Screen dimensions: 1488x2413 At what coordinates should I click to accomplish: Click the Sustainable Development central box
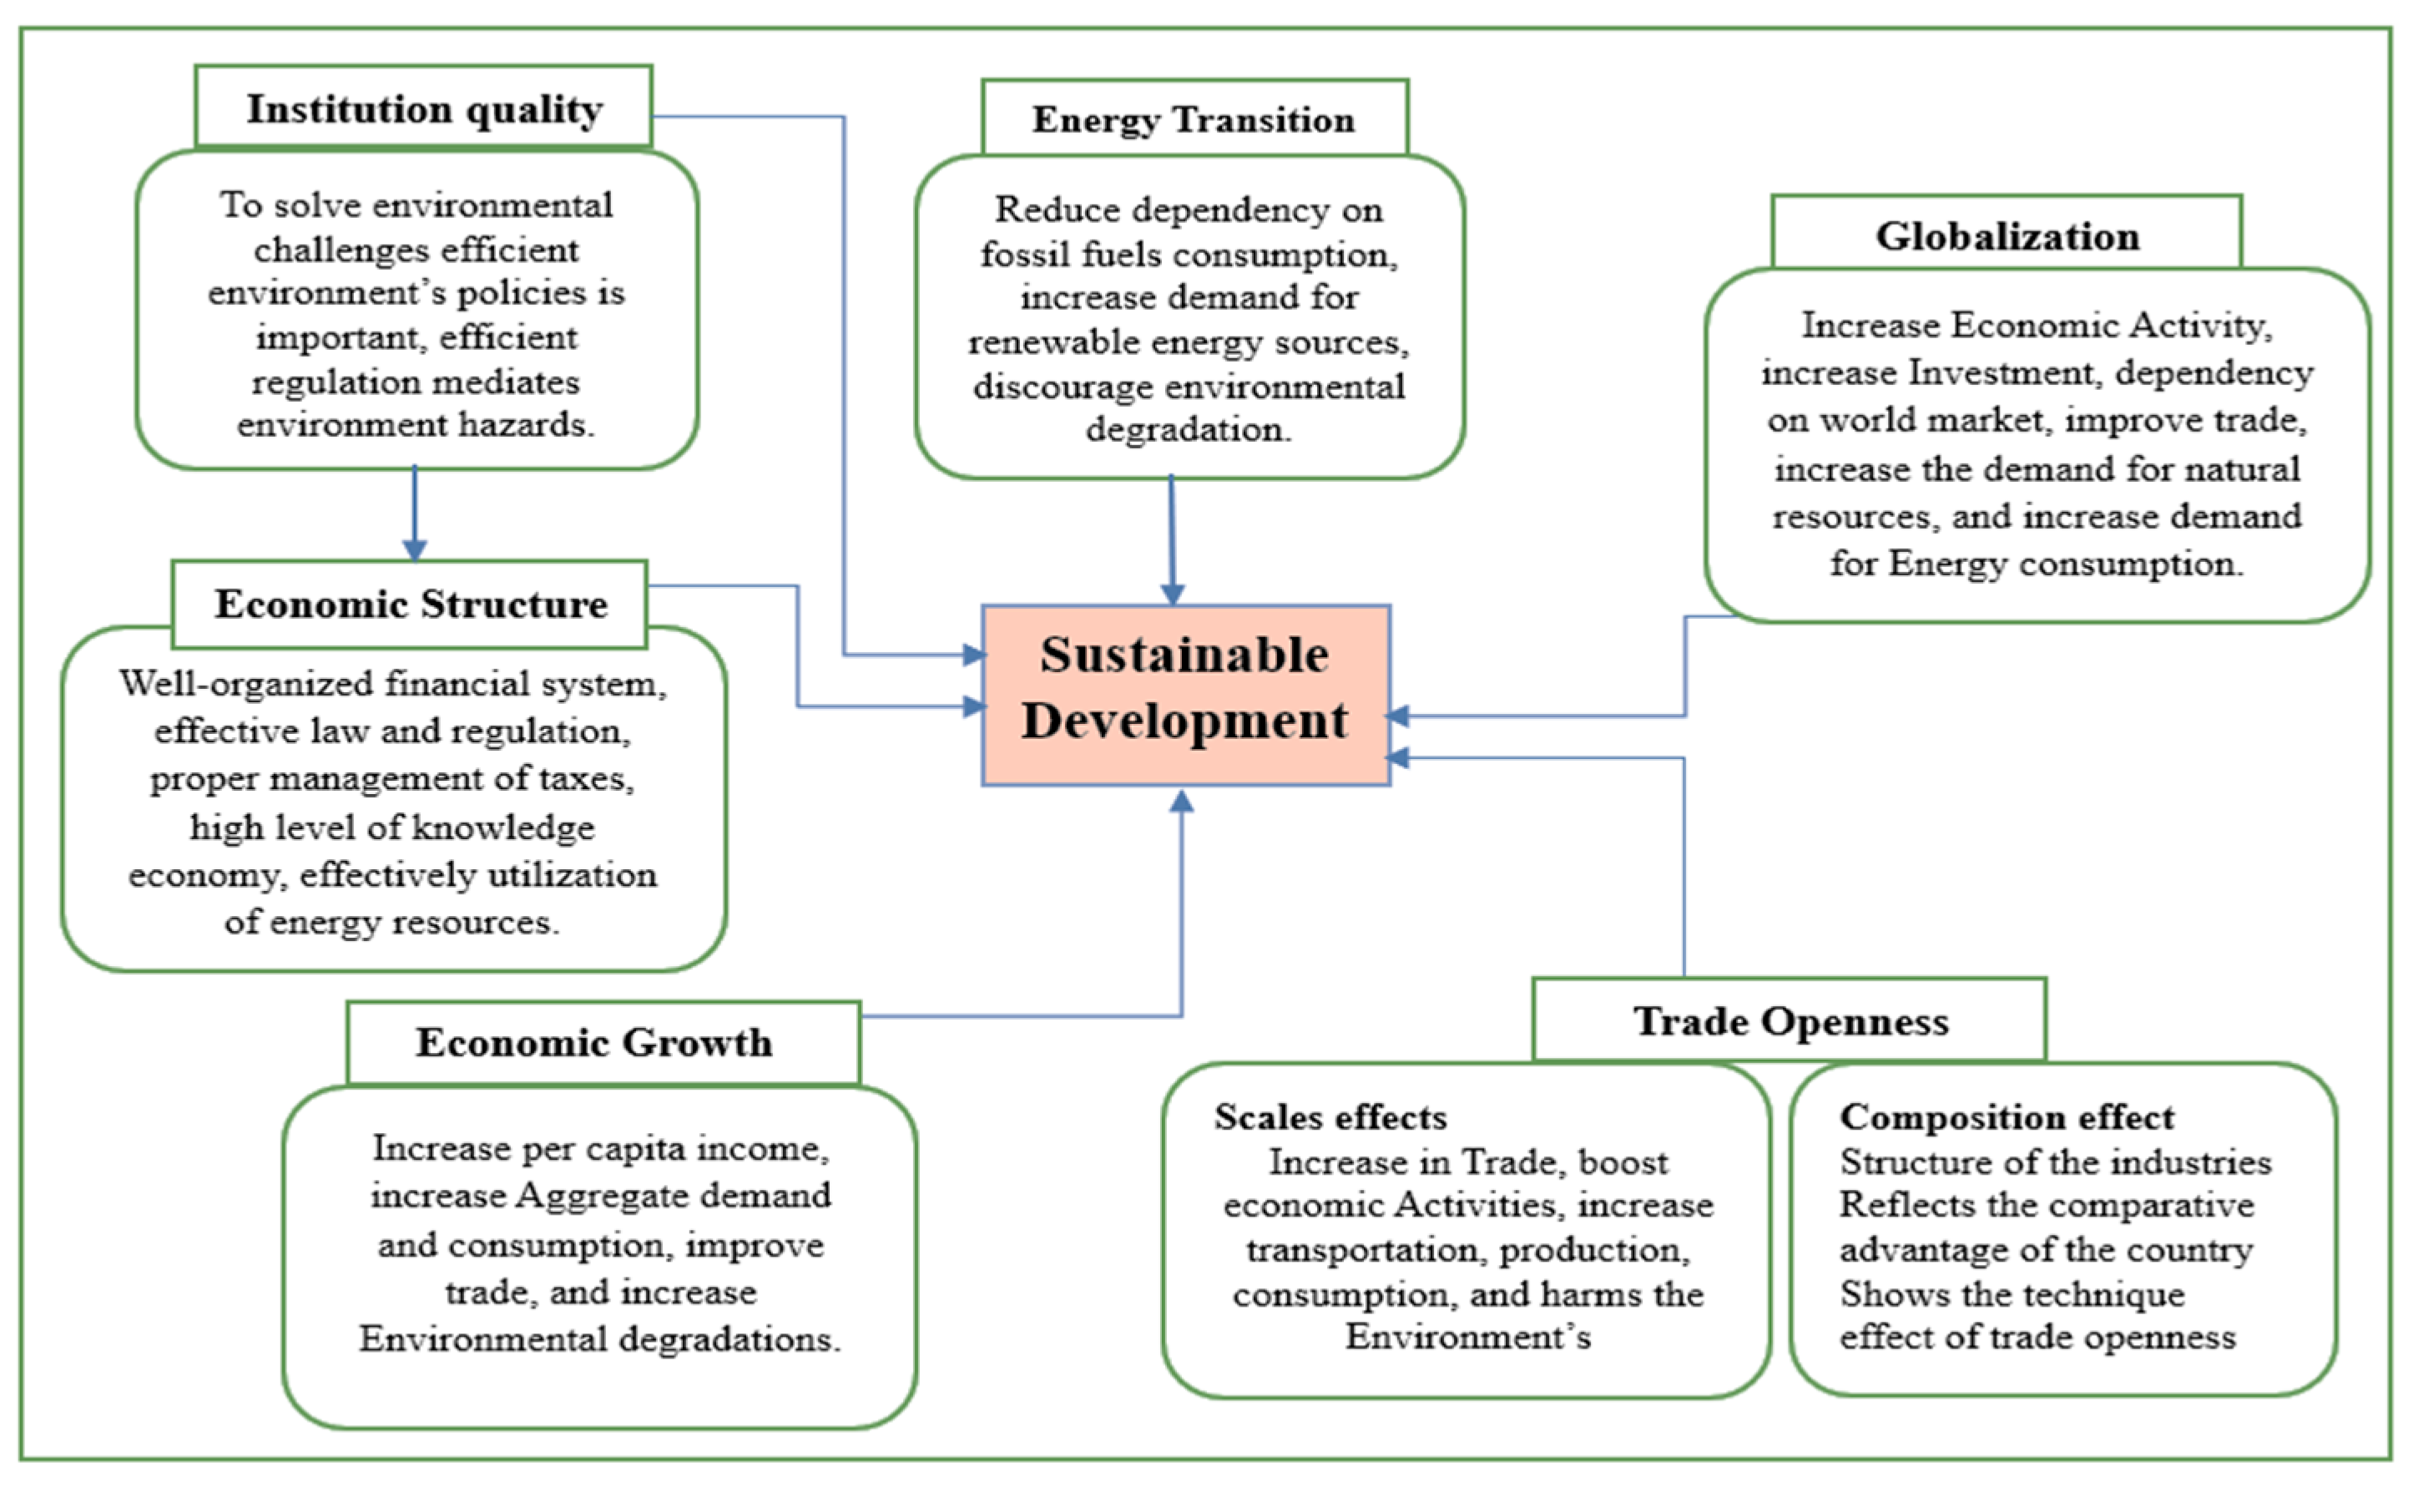pos(1185,695)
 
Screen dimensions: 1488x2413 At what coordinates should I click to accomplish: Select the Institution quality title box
pos(424,109)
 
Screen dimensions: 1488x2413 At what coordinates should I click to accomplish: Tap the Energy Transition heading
pos(1194,119)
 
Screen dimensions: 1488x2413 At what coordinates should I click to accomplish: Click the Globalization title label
pos(2007,235)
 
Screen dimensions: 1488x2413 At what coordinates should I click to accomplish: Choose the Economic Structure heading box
pos(410,603)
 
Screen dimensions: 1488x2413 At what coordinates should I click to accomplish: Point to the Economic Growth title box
pos(594,1042)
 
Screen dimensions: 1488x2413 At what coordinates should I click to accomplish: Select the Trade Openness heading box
pos(1790,1020)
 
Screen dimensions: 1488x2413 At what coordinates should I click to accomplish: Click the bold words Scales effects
pos(1330,1117)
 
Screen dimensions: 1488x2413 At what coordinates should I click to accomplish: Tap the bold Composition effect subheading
pos(2007,1117)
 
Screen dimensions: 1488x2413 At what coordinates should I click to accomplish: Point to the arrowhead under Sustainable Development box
pos(1181,802)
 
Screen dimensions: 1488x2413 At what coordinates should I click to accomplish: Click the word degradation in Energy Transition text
pos(1188,429)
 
